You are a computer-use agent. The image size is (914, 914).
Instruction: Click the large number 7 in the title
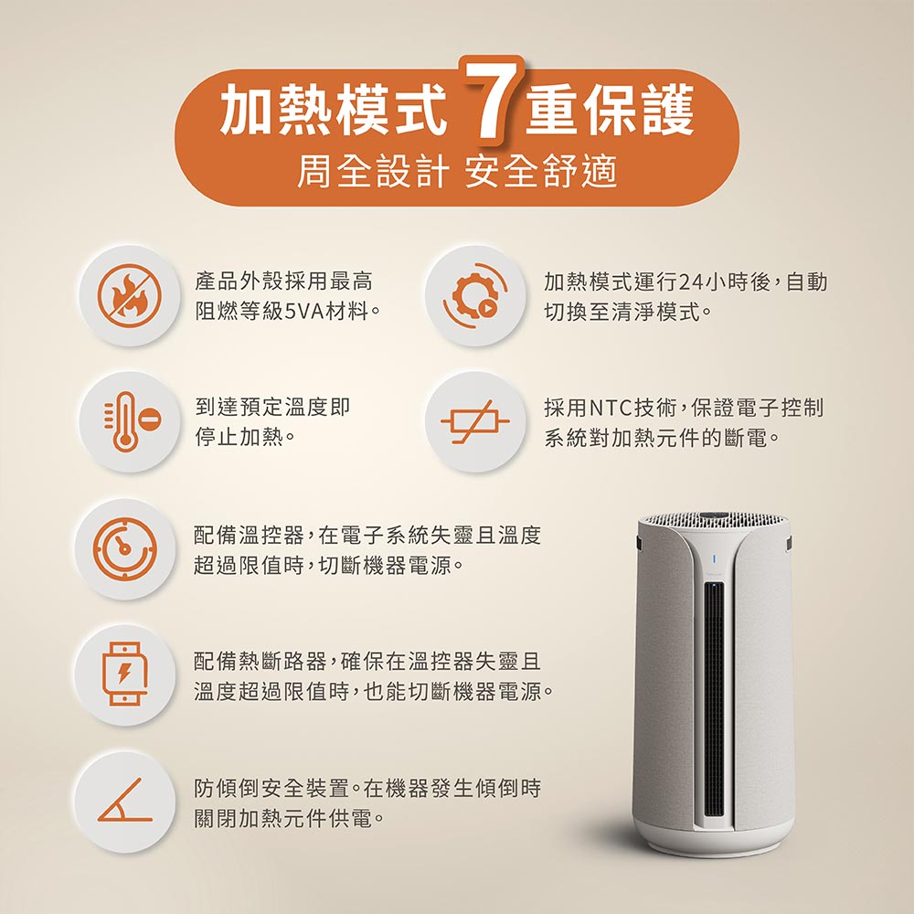coord(491,98)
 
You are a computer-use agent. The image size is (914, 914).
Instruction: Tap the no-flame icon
coord(130,295)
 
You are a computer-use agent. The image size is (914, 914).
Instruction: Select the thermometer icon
coord(131,421)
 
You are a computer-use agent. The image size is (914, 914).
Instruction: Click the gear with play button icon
coord(475,295)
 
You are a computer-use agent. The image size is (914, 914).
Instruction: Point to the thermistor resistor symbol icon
coord(474,421)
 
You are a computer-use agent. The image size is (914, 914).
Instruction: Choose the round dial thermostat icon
coord(125,547)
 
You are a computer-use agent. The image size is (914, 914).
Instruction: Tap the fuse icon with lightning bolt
coord(124,674)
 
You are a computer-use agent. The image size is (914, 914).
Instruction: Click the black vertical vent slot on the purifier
coord(714,700)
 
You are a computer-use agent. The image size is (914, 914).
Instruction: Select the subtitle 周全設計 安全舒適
coord(457,172)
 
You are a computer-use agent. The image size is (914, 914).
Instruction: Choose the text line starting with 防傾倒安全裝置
coord(367,788)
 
